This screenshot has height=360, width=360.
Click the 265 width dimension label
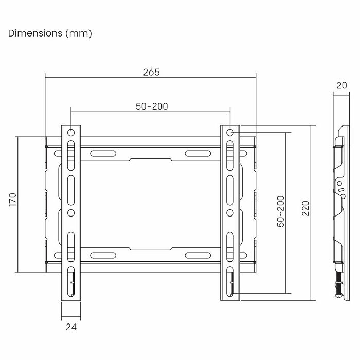point(151,73)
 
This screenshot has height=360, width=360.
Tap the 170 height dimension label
point(13,200)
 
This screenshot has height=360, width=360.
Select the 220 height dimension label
point(305,208)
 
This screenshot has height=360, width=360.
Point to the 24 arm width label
point(71,327)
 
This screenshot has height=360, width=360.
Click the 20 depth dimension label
point(341,85)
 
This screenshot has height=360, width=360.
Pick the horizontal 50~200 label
point(152,106)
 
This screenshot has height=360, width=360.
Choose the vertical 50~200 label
point(281,211)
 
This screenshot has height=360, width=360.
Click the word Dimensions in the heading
point(35,33)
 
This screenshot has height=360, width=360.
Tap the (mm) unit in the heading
point(79,33)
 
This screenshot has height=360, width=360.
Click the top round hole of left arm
point(71,133)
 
